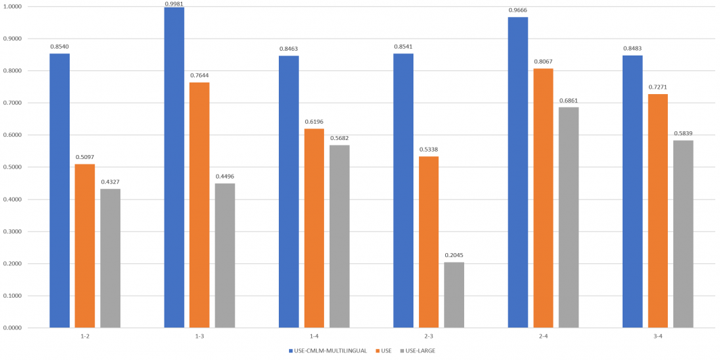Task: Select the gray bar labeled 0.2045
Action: click(x=454, y=294)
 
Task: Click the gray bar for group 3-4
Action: click(x=683, y=233)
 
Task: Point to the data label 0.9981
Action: click(x=174, y=3)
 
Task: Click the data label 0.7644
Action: click(x=200, y=76)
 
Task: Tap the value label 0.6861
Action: click(x=568, y=101)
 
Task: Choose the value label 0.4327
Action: click(x=110, y=183)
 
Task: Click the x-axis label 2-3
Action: click(x=428, y=336)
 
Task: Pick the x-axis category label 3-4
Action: click(x=657, y=336)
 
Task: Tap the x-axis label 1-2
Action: click(x=85, y=336)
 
